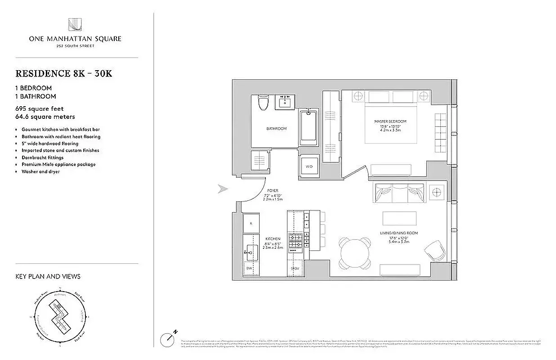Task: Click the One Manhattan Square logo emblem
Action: (x=75, y=25)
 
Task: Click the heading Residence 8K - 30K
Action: (x=64, y=74)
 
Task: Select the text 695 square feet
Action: (x=40, y=109)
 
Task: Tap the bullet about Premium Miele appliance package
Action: (x=58, y=165)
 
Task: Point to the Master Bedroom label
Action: (x=390, y=121)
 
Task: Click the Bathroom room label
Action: (x=276, y=129)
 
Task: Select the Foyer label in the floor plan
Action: (x=273, y=191)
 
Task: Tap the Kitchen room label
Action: (x=273, y=239)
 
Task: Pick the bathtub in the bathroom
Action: (x=309, y=126)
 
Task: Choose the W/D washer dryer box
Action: (x=309, y=166)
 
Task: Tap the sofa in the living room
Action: (x=398, y=193)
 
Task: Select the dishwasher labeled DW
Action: (x=249, y=268)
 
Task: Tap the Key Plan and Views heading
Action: (x=48, y=276)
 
